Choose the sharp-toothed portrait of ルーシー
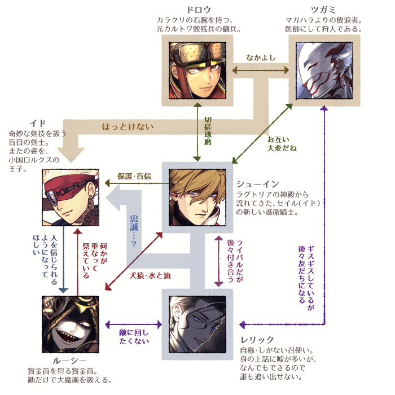point(71,324)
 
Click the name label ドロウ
point(198,10)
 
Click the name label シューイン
point(256,184)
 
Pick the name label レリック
point(257,340)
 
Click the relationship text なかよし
point(261,58)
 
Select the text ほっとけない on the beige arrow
point(128,126)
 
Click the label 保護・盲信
point(134,175)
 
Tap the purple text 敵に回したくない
point(134,336)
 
